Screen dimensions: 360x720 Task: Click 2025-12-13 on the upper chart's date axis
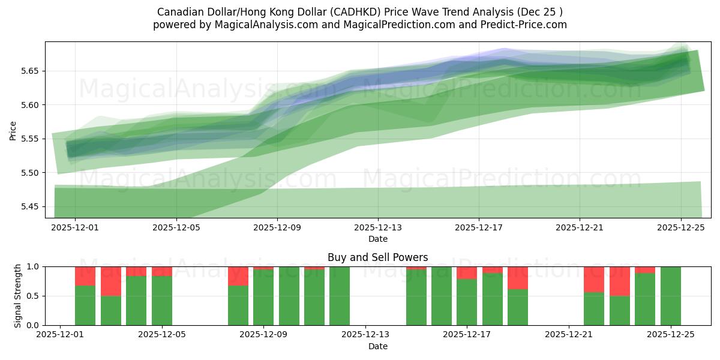378,229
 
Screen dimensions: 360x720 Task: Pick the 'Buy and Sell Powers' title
378,257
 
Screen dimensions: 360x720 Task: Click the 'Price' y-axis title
13,130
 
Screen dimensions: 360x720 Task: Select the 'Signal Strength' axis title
18,296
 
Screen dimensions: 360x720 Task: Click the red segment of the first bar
85,276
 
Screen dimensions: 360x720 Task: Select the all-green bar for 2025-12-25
670,296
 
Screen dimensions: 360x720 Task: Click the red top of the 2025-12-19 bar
518,278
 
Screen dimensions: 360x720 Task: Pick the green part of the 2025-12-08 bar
238,305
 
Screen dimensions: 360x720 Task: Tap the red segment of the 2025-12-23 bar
620,281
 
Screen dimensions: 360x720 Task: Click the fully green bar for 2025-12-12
340,296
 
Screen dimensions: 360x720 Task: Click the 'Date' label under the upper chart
378,239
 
